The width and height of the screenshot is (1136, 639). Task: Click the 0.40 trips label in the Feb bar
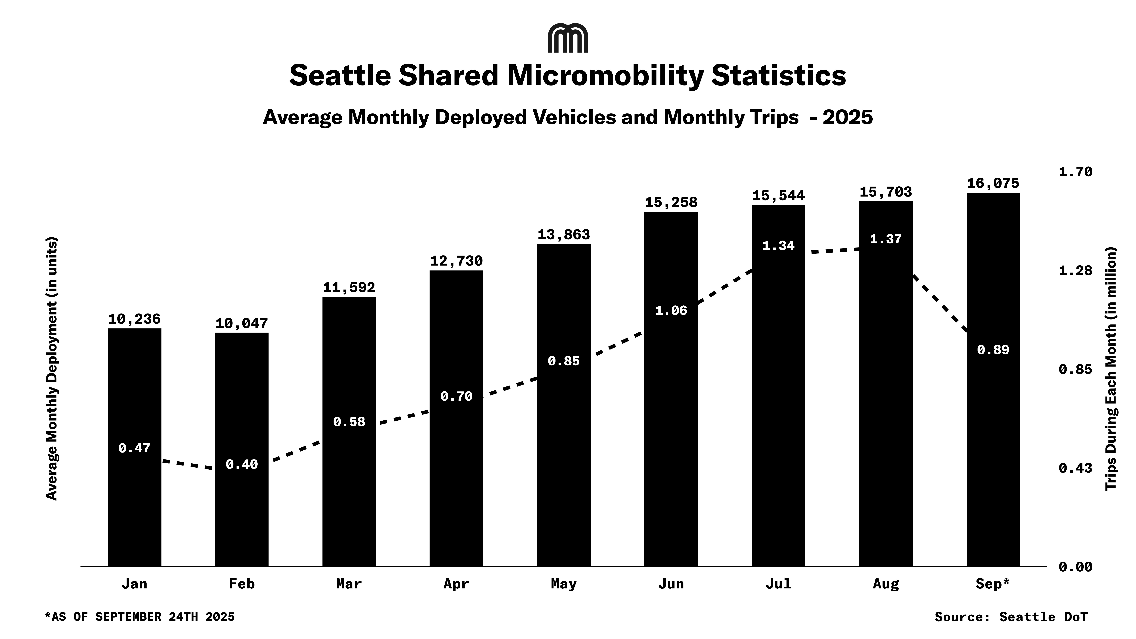coord(242,464)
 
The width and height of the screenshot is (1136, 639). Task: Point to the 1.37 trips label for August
coord(886,239)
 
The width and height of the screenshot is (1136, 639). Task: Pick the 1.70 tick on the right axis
coord(1076,172)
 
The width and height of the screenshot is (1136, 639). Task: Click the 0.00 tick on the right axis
coord(1076,567)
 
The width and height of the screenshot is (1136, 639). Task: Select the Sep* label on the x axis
coord(993,584)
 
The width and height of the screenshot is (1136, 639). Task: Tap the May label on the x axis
coord(564,584)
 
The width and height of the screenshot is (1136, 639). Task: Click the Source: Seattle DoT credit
coord(1011,617)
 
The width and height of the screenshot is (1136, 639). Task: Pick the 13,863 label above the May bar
coord(564,235)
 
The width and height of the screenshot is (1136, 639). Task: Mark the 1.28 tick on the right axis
coord(1076,270)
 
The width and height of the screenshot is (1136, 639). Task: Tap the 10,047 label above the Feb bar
coord(242,324)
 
